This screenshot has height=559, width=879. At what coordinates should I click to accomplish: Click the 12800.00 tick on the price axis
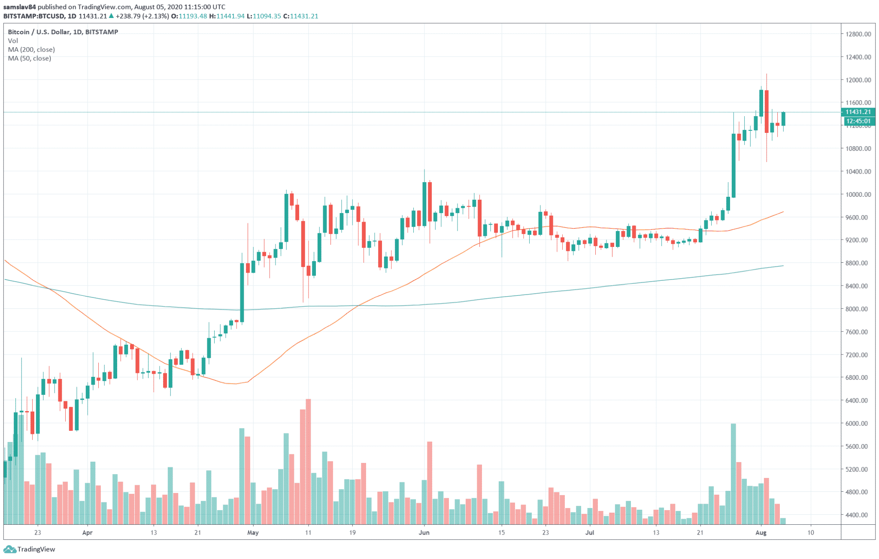pyautogui.click(x=858, y=34)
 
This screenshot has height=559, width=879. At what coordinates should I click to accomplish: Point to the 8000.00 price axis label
pyautogui.click(x=858, y=309)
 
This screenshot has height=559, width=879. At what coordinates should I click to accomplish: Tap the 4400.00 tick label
pyautogui.click(x=858, y=515)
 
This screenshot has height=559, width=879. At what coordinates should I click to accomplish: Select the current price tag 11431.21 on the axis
pyautogui.click(x=858, y=112)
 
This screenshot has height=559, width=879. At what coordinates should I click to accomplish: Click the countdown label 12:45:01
pyautogui.click(x=858, y=121)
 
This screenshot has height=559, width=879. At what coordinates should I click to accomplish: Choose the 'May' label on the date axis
pyautogui.click(x=253, y=533)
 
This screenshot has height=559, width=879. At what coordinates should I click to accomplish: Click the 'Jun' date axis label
pyautogui.click(x=424, y=533)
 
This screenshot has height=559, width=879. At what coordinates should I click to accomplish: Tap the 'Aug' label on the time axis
pyautogui.click(x=761, y=533)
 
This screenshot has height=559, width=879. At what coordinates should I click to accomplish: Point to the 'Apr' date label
pyautogui.click(x=87, y=533)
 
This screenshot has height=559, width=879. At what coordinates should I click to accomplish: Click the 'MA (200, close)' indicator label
pyautogui.click(x=31, y=50)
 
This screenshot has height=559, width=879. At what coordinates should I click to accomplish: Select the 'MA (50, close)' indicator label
pyautogui.click(x=29, y=58)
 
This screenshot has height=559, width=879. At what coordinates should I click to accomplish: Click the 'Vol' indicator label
pyautogui.click(x=13, y=41)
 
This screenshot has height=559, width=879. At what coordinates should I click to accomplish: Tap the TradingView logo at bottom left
pyautogui.click(x=30, y=549)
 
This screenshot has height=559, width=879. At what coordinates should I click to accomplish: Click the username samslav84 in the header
pyautogui.click(x=19, y=7)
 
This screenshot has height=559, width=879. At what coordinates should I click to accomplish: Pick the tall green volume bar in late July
pyautogui.click(x=733, y=474)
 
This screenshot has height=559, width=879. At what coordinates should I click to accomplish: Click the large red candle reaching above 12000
pyautogui.click(x=766, y=111)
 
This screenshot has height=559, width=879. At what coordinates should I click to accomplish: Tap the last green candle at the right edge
pyautogui.click(x=783, y=119)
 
